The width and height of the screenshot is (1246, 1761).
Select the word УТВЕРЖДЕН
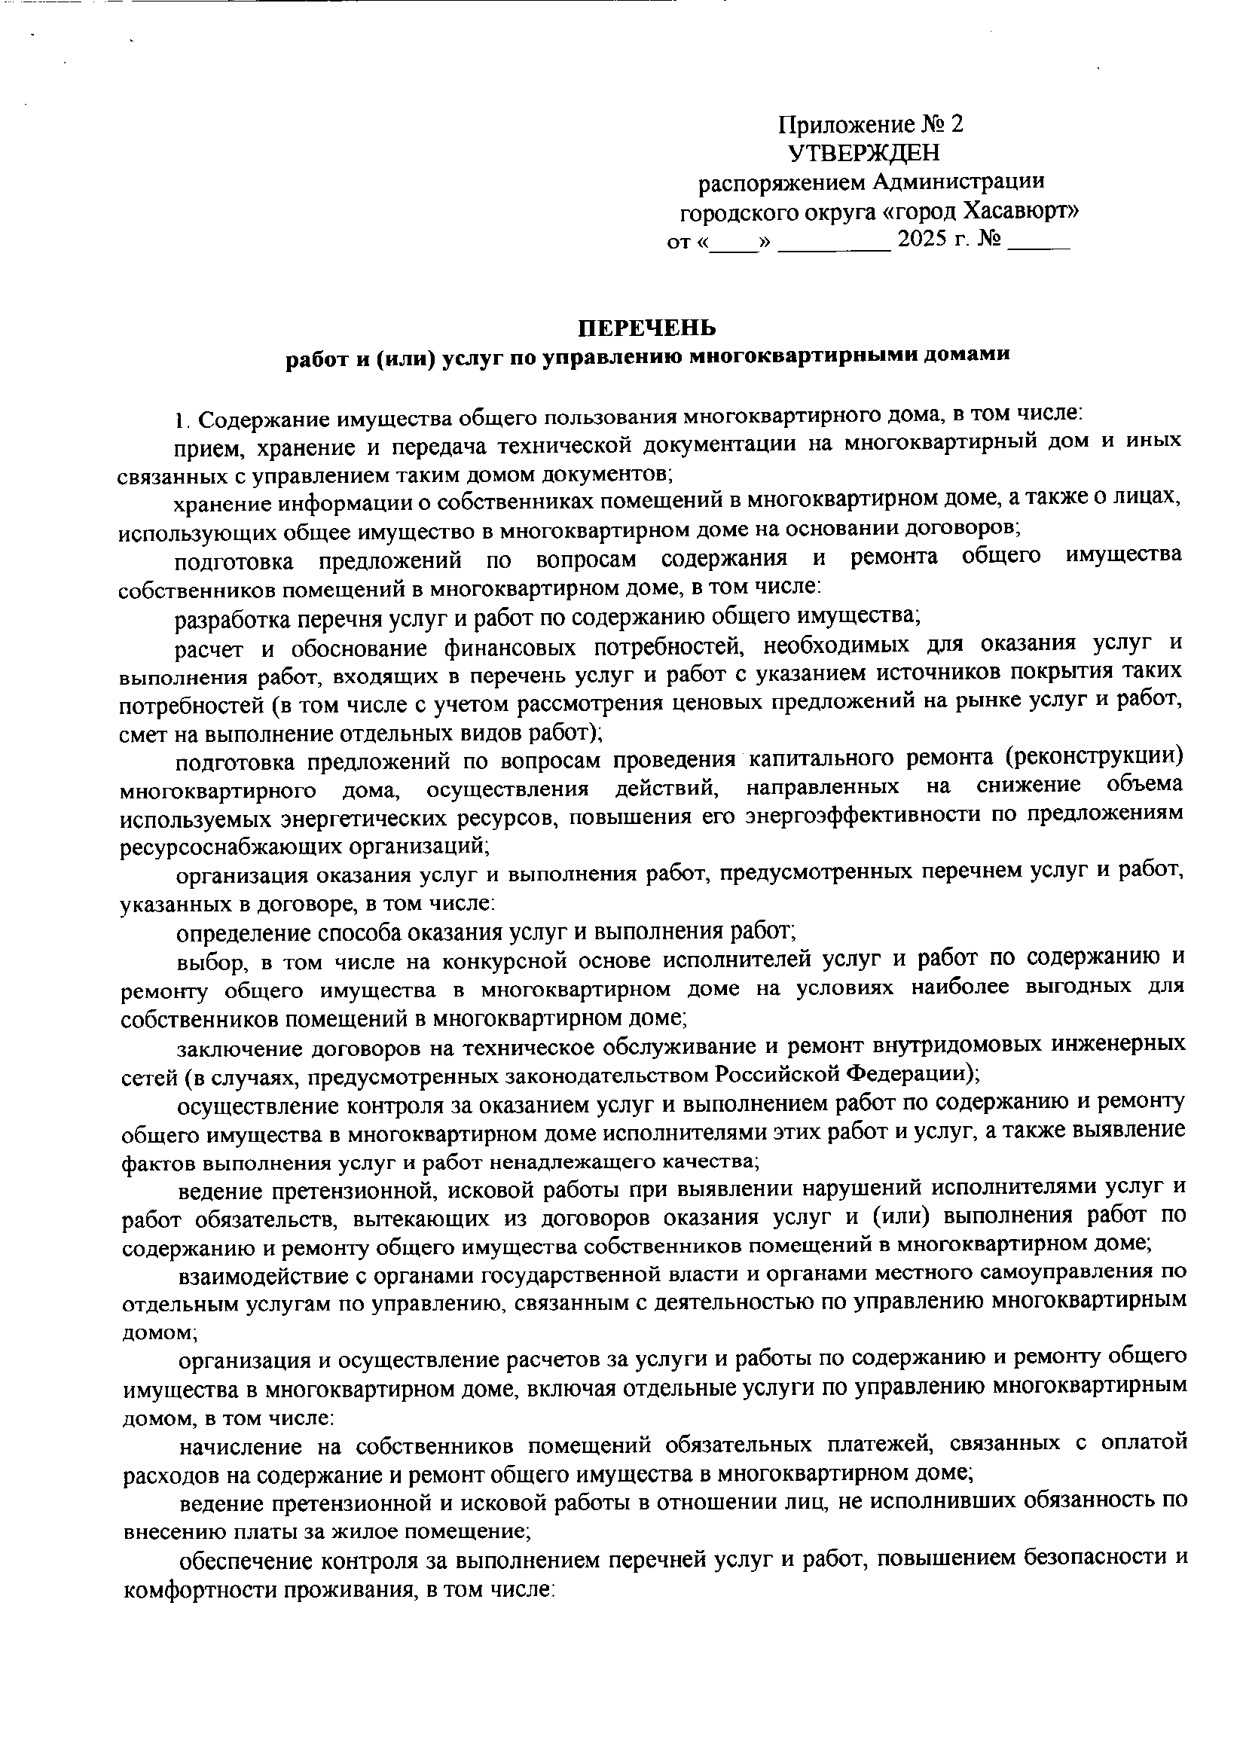coord(864,154)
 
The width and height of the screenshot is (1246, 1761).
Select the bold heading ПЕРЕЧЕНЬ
coord(647,328)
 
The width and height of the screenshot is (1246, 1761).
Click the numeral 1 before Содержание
coord(179,420)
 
